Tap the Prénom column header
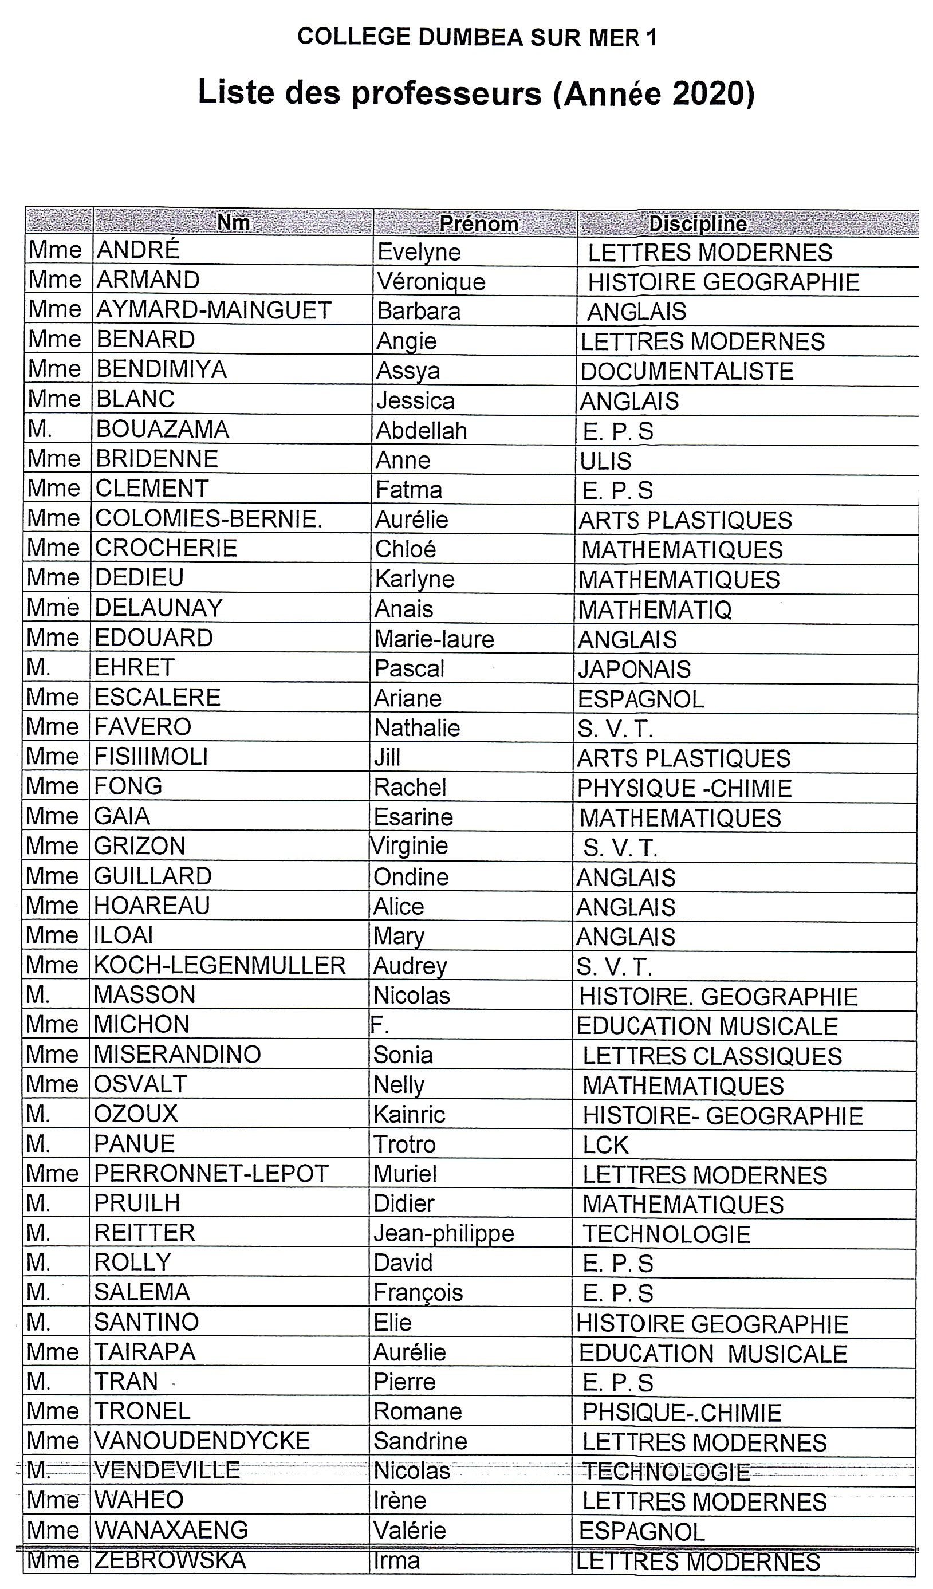tap(478, 223)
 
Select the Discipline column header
tap(698, 223)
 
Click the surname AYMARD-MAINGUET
tap(214, 310)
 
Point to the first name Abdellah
tap(421, 431)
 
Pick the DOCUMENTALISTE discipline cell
tap(687, 371)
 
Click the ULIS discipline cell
tap(605, 461)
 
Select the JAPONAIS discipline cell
tap(634, 669)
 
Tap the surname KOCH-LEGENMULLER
tap(219, 965)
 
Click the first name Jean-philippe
tap(444, 1233)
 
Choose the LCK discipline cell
tap(605, 1144)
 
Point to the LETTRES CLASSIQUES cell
tap(712, 1056)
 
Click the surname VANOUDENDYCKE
tap(202, 1441)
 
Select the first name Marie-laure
tap(434, 639)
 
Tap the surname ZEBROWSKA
tap(170, 1560)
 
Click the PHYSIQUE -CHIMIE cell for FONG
tap(684, 788)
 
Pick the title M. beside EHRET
tap(38, 667)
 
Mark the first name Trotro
tap(404, 1144)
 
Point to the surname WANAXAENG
tap(171, 1531)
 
